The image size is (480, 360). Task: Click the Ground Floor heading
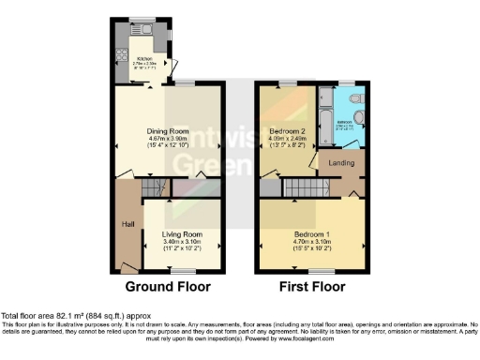(x=168, y=286)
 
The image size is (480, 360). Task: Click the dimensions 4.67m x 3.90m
(x=168, y=140)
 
